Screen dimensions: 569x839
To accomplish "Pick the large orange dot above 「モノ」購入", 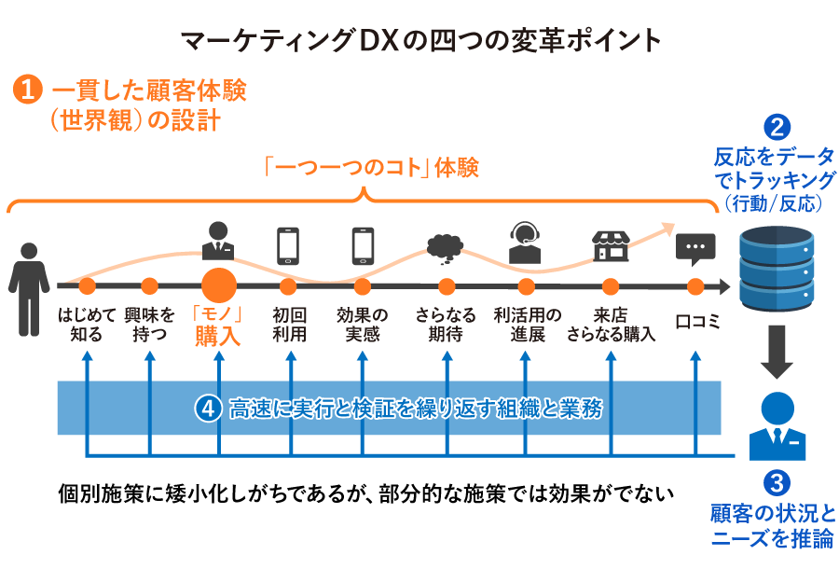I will point(219,285).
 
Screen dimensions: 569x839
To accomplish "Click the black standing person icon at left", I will point(30,276).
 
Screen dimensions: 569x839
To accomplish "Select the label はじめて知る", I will point(87,325).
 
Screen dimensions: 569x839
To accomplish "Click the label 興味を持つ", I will point(149,325).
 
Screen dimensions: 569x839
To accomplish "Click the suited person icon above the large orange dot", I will point(219,241).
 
